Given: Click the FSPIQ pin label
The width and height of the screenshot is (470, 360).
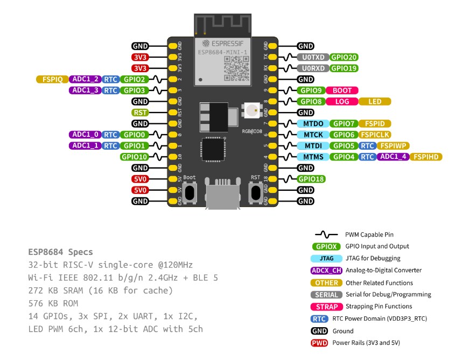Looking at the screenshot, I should click(52, 79).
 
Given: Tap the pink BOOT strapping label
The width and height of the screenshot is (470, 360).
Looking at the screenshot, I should click(342, 91).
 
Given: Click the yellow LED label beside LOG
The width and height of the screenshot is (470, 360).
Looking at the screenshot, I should click(375, 101).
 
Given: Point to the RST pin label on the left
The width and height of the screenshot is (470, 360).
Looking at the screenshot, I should click(140, 113).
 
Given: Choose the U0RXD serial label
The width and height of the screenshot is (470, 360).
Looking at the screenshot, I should click(312, 68).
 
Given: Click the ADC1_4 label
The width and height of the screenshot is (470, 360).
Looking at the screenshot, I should click(393, 157).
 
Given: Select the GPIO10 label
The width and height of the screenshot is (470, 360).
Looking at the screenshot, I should click(134, 157).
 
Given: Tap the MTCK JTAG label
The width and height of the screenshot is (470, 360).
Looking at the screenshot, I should click(312, 135).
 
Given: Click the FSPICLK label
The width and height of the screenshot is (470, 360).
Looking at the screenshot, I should click(376, 135).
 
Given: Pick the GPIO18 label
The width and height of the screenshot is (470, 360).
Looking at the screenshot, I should click(311, 179).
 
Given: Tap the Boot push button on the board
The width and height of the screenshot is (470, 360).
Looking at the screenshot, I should click(190, 192).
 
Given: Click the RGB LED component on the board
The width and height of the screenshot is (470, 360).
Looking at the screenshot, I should click(252, 112).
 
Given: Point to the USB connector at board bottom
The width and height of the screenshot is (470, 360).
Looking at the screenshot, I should click(222, 197).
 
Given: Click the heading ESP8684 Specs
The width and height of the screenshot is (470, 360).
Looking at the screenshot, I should click(60, 252).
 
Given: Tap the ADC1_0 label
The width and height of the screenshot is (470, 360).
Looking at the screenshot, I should click(85, 135).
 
